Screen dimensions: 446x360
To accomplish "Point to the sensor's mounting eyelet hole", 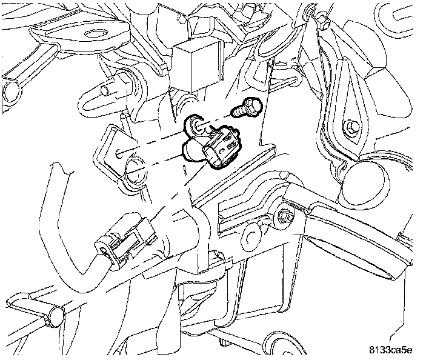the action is pos(196,126).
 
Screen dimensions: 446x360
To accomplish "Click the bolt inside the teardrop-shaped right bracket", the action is pos(351,127).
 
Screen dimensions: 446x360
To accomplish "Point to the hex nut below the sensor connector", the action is pos(285,216).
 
